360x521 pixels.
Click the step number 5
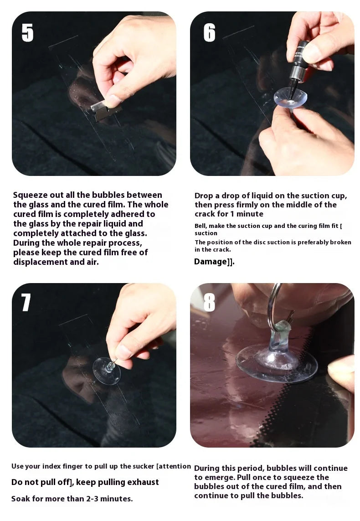tap(27, 32)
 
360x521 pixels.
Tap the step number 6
tap(209, 32)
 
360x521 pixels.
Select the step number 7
tap(26, 303)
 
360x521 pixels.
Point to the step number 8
tap(209, 302)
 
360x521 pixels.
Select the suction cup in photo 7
tap(106, 371)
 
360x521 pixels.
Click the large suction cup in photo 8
tap(276, 363)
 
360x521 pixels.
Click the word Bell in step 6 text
tap(201, 226)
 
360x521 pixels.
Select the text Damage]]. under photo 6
tap(214, 262)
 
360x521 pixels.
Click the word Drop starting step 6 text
tap(204, 196)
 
